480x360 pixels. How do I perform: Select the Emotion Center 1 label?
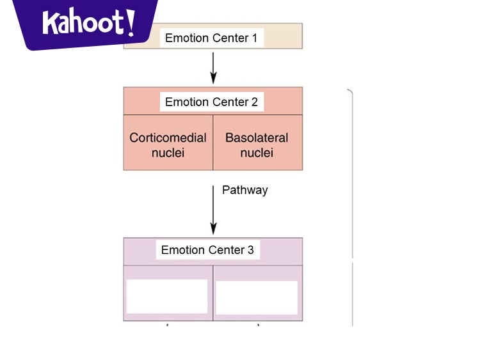211,38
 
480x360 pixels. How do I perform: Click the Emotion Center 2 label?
211,102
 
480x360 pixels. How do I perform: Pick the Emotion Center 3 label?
207,250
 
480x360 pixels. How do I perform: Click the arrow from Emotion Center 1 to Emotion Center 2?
213,67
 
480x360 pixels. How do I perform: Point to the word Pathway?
244,190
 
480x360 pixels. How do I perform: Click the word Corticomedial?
168,137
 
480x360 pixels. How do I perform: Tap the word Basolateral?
257,137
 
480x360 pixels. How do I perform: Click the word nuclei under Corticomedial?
168,153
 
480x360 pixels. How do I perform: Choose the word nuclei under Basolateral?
257,153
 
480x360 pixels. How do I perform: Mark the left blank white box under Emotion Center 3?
167,296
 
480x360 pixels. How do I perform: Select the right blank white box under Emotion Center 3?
257,297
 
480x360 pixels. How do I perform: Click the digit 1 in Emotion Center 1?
253,38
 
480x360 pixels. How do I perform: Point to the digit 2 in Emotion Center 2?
254,102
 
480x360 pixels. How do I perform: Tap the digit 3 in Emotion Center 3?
250,250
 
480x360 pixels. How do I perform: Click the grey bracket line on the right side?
352,192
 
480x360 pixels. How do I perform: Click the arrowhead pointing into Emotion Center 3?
213,230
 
